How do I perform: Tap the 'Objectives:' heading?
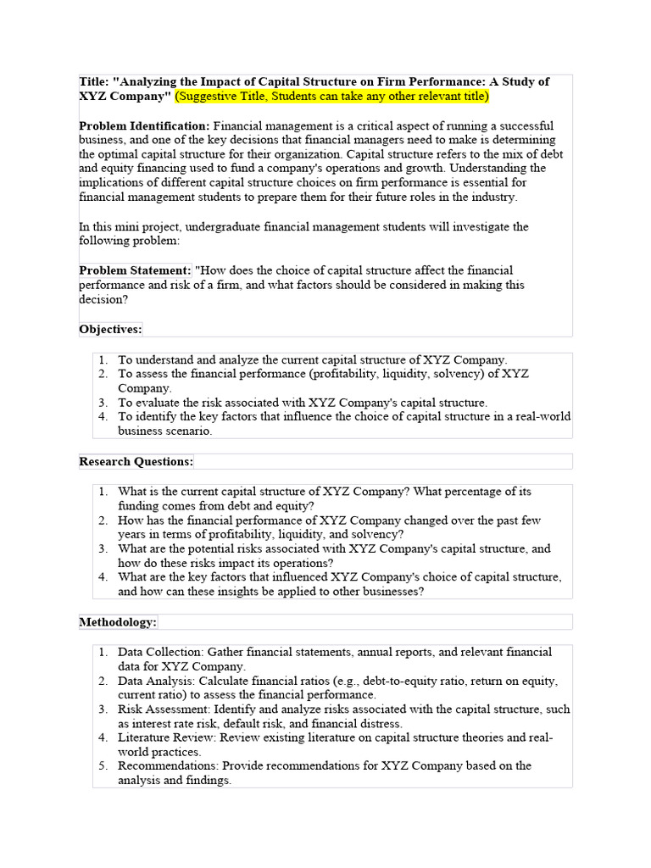point(110,329)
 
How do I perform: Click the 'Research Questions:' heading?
point(136,461)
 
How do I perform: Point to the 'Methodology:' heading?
point(118,621)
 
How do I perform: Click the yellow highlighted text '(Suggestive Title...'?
point(331,97)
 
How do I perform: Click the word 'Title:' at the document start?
point(94,81)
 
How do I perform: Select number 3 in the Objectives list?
point(102,403)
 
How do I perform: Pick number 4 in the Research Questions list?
point(102,577)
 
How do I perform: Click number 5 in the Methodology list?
point(102,765)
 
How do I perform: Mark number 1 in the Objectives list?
point(102,359)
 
